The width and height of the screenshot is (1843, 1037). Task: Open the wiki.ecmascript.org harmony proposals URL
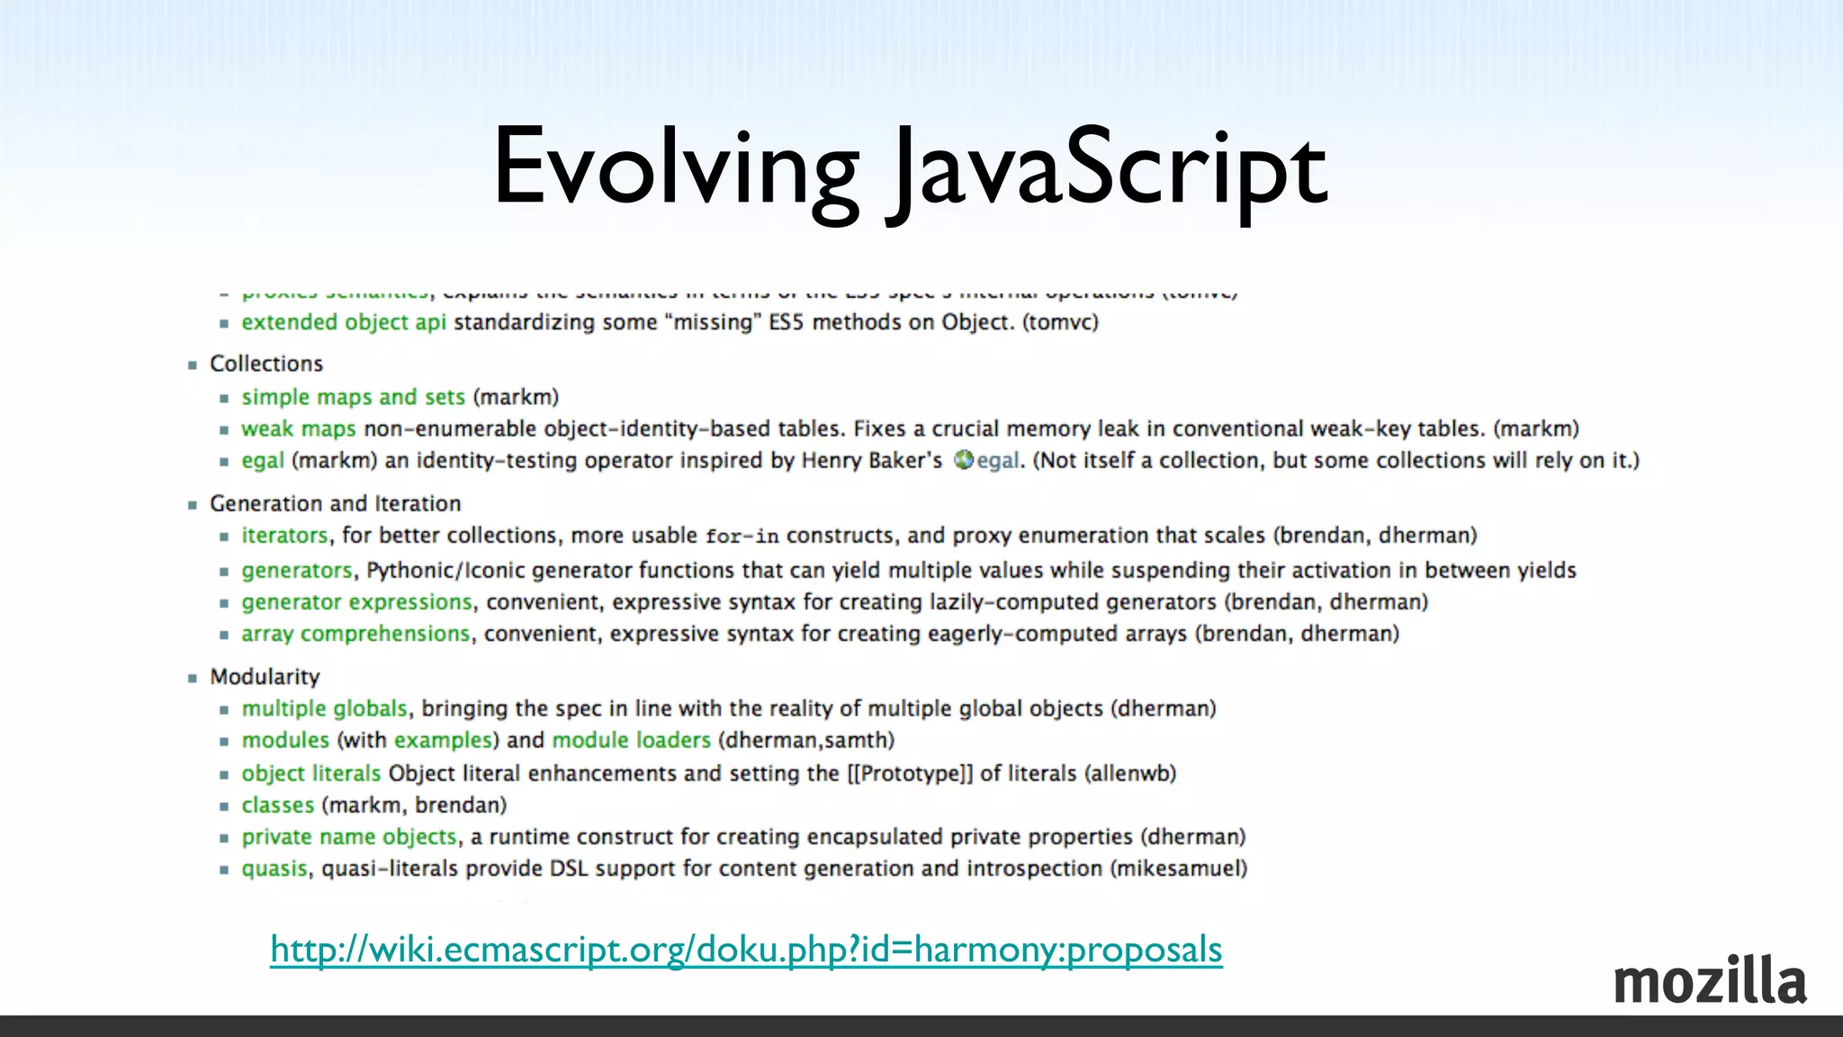(x=746, y=950)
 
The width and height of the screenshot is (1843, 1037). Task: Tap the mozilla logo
(x=1709, y=981)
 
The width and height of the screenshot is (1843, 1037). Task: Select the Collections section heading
(x=266, y=364)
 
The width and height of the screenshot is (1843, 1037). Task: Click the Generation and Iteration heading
(x=335, y=503)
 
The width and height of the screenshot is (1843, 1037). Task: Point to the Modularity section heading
(x=265, y=677)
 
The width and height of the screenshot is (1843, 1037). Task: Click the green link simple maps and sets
(x=353, y=397)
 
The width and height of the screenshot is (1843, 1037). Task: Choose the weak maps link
(x=299, y=428)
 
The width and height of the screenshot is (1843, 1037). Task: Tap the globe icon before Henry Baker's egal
(x=964, y=460)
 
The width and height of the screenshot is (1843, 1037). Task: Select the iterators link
(x=284, y=536)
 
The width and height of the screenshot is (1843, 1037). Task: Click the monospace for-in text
(x=742, y=537)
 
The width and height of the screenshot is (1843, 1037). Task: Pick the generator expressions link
(x=356, y=602)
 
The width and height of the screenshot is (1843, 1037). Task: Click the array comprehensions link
(x=355, y=634)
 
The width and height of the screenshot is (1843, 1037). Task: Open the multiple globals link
(x=324, y=708)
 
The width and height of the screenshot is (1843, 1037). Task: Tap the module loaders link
(x=631, y=740)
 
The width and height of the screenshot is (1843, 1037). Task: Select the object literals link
(x=311, y=773)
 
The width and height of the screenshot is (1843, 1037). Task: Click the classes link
(x=277, y=805)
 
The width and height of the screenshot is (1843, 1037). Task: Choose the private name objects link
(x=349, y=837)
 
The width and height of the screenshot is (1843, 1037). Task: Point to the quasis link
(x=274, y=869)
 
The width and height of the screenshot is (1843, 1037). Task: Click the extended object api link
(x=344, y=322)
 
